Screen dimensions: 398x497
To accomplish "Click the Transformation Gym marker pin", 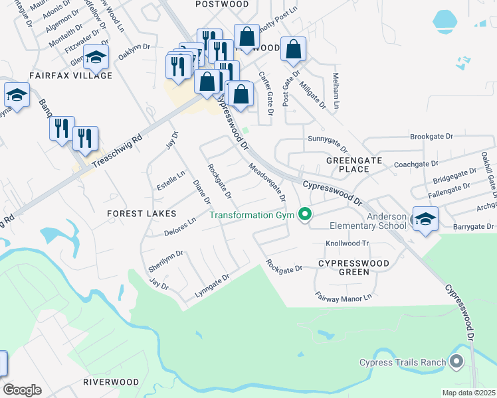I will pos(305,214).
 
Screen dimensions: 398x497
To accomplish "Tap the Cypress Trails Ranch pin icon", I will pos(456,362).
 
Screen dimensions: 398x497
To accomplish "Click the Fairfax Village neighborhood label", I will pos(70,76).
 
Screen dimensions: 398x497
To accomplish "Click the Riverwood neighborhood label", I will pos(111,382).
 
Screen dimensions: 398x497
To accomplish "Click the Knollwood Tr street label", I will pos(346,243).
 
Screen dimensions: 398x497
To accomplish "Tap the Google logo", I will pos(22,390).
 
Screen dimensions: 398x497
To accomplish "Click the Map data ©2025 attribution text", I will pos(469,393).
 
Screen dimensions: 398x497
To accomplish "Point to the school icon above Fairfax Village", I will pos(96,58).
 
